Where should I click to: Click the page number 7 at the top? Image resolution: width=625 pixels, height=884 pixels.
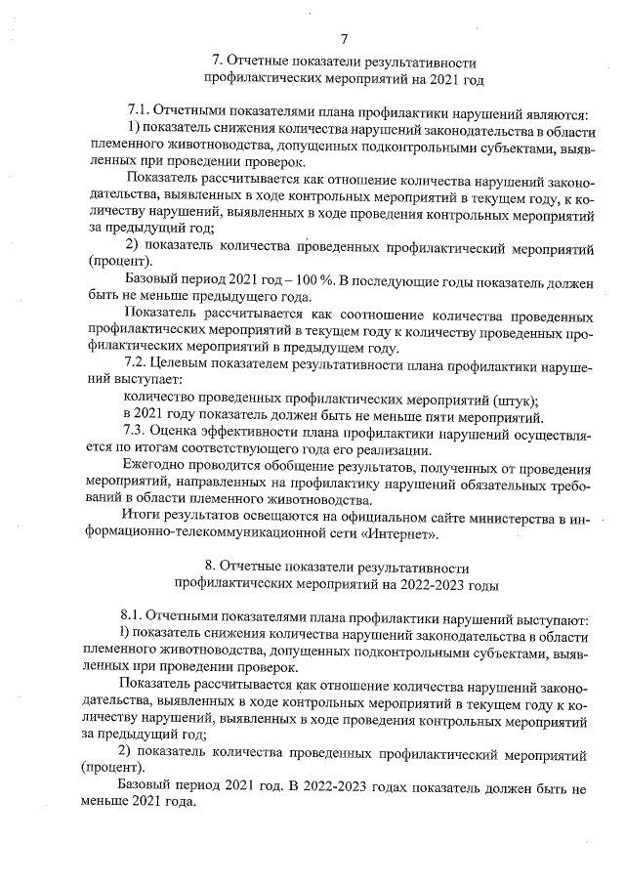click(344, 38)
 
